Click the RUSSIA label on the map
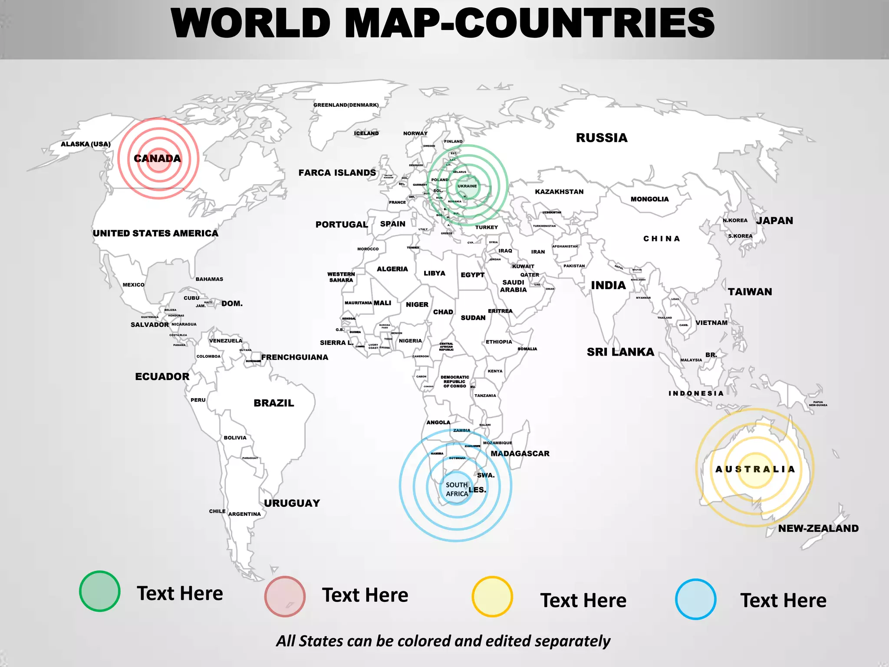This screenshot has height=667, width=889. (x=602, y=138)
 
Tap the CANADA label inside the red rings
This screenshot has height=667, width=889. (x=157, y=158)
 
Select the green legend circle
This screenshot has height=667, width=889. (x=100, y=591)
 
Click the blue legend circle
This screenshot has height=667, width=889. (x=695, y=599)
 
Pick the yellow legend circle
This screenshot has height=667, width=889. (x=492, y=597)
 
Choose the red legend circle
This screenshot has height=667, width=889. (x=285, y=596)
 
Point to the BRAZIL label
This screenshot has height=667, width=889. (x=274, y=403)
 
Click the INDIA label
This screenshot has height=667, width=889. (x=608, y=285)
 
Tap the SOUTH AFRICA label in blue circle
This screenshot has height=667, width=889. (x=457, y=489)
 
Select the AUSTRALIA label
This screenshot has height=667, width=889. (x=755, y=469)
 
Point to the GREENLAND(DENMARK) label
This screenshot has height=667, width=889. (x=346, y=105)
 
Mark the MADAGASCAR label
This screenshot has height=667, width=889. (x=520, y=454)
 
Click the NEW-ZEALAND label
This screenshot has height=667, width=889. (x=818, y=528)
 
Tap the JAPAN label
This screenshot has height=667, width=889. (x=775, y=221)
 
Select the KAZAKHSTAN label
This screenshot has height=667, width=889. (x=559, y=192)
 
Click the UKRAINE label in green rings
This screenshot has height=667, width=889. (x=467, y=186)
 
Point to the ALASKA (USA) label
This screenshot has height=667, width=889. (x=86, y=144)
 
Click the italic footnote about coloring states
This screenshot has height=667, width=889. (x=443, y=641)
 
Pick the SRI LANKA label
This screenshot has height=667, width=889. (x=620, y=352)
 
